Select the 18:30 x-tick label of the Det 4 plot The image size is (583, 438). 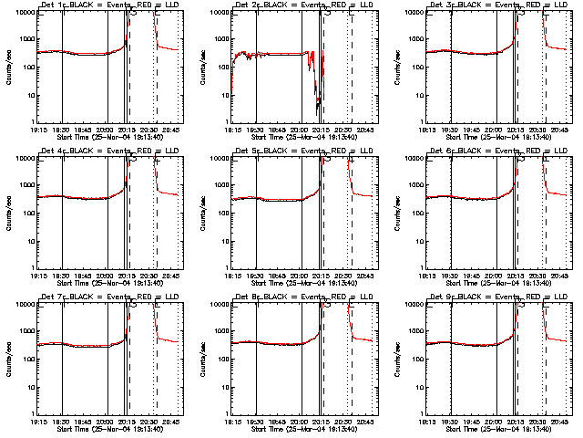(62, 275)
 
